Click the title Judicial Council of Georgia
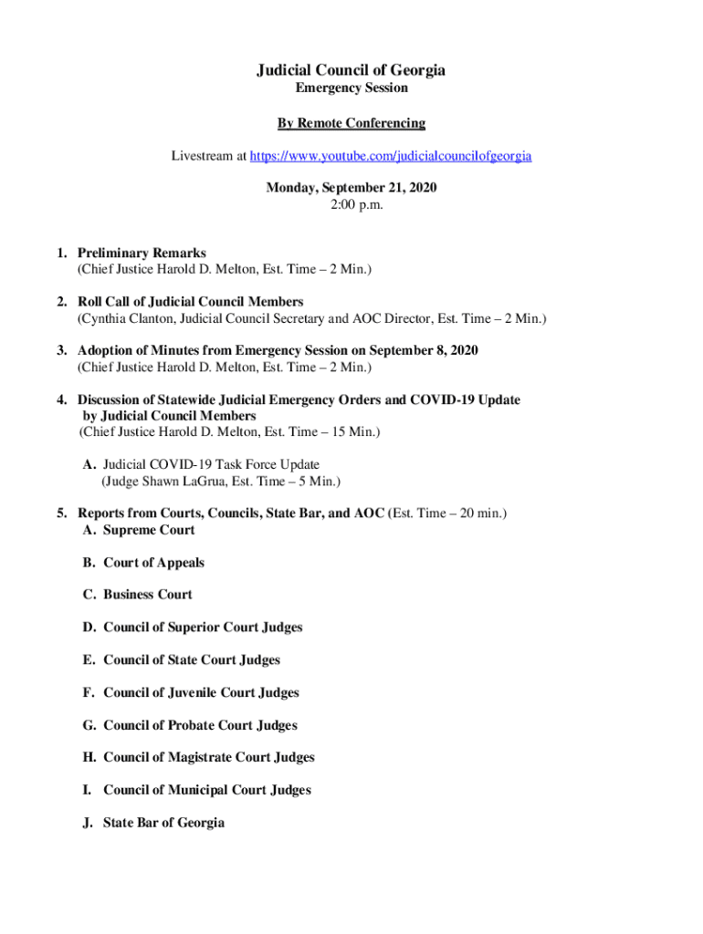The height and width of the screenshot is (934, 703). pos(351,70)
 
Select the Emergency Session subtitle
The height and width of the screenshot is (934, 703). pos(351,88)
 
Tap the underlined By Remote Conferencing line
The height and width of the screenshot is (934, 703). pos(351,123)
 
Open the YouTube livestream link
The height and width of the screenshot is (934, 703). pos(391,156)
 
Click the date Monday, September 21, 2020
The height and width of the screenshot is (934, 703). pos(351,188)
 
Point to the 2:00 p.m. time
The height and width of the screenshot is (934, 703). pos(351,205)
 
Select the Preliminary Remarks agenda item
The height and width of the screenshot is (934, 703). pos(142,253)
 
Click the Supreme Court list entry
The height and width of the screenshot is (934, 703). pos(149,530)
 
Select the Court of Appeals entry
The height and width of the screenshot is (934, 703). pos(153,563)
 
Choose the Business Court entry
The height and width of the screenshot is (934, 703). pos(148,595)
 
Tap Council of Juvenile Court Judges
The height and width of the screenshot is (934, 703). pos(201,692)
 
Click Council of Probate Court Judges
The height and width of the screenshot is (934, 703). pos(200,725)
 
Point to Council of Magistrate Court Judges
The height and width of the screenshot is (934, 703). pos(208,757)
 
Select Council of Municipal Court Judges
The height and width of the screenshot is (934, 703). pos(206,790)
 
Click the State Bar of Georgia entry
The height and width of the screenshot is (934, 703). pos(163,823)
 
